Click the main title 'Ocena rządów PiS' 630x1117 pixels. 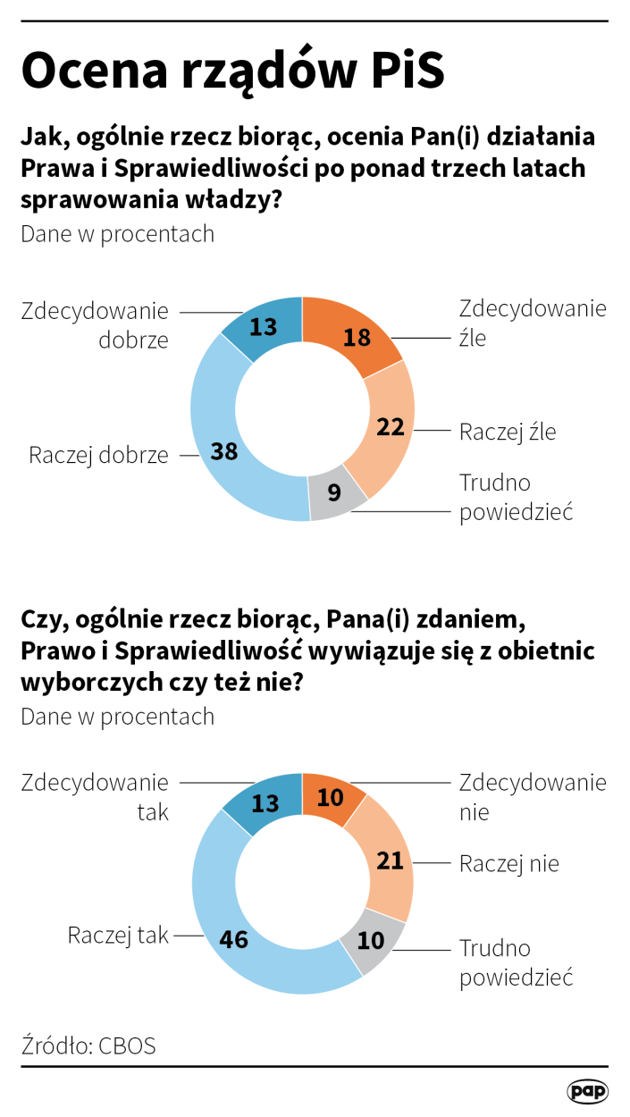pyautogui.click(x=232, y=71)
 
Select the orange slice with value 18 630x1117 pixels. pyautogui.click(x=352, y=336)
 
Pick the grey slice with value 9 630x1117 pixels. pyautogui.click(x=336, y=492)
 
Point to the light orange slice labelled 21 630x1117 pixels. pyautogui.click(x=387, y=860)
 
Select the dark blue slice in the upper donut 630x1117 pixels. pyautogui.click(x=263, y=327)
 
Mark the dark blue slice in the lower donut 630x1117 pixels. pyautogui.click(x=263, y=803)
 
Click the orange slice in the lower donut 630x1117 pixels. pyautogui.click(x=331, y=795)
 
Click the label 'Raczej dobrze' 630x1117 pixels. pyautogui.click(x=98, y=455)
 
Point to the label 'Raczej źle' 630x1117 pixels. pyautogui.click(x=508, y=433)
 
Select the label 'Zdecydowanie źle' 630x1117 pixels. pyautogui.click(x=533, y=323)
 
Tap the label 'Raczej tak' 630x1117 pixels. pyautogui.click(x=118, y=936)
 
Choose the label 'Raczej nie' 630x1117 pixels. pyautogui.click(x=509, y=864)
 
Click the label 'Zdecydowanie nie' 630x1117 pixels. pyautogui.click(x=533, y=797)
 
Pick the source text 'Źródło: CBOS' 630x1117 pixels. pyautogui.click(x=88, y=1046)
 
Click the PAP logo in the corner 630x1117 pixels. pyautogui.click(x=587, y=1091)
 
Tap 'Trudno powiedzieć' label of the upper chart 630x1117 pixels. pyautogui.click(x=516, y=497)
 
